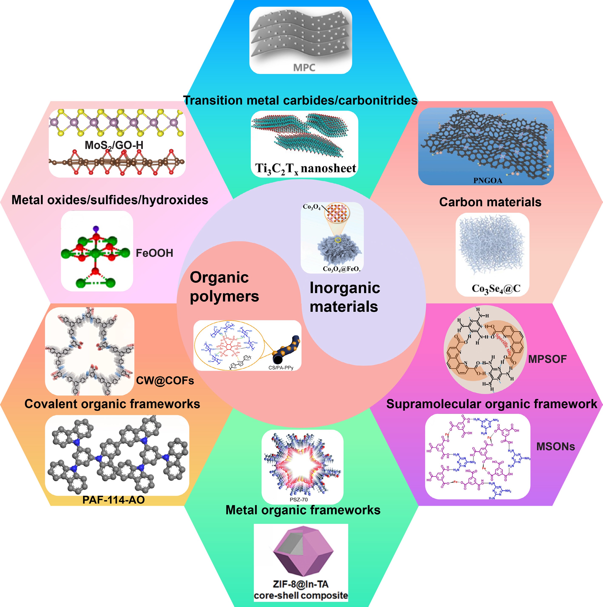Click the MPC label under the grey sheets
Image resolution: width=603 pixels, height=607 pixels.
(x=304, y=67)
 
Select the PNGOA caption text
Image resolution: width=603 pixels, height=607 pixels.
(x=488, y=180)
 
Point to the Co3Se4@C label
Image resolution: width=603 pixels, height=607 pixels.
(x=496, y=289)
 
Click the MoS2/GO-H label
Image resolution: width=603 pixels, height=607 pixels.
(x=114, y=145)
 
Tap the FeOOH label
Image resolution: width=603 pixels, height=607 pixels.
(x=154, y=253)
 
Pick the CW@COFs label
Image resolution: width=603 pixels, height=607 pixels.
(x=165, y=380)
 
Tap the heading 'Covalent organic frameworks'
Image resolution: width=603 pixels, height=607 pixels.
(x=112, y=404)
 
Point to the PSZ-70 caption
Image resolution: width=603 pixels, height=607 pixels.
(x=299, y=500)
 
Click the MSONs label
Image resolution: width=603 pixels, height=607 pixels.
(x=556, y=446)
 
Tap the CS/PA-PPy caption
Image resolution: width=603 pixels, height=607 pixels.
(x=281, y=368)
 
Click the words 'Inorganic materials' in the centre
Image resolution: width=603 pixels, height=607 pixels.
(x=345, y=297)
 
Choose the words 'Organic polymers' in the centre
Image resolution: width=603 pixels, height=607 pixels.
(x=224, y=287)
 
